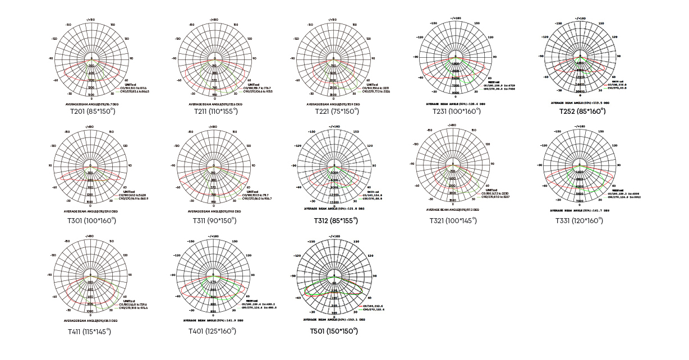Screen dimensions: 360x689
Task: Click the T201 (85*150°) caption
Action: point(91,111)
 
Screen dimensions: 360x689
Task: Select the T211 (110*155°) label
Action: point(213,111)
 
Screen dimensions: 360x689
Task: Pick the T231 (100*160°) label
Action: point(456,111)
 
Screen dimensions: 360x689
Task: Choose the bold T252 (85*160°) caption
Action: point(582,111)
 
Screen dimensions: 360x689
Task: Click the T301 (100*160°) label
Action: point(91,220)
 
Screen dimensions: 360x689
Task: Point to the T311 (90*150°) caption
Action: point(213,220)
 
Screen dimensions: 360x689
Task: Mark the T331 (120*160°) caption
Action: point(579,220)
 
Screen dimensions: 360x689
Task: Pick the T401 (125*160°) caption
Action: point(213,331)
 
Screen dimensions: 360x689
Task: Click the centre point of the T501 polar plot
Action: point(334,276)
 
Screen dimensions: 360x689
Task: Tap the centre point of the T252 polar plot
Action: point(582,57)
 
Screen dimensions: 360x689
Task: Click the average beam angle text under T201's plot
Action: point(91,104)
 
